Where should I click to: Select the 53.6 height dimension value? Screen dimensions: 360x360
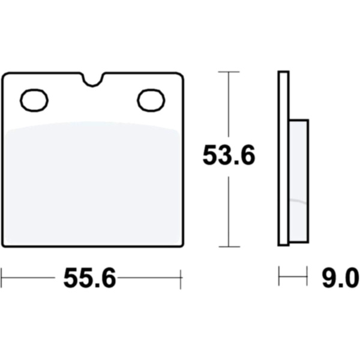229,155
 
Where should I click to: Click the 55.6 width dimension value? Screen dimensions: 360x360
90,278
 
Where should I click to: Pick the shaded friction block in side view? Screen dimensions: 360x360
299,181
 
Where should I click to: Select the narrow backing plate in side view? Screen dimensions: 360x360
283,158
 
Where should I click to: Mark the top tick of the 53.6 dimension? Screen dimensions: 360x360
229,72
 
